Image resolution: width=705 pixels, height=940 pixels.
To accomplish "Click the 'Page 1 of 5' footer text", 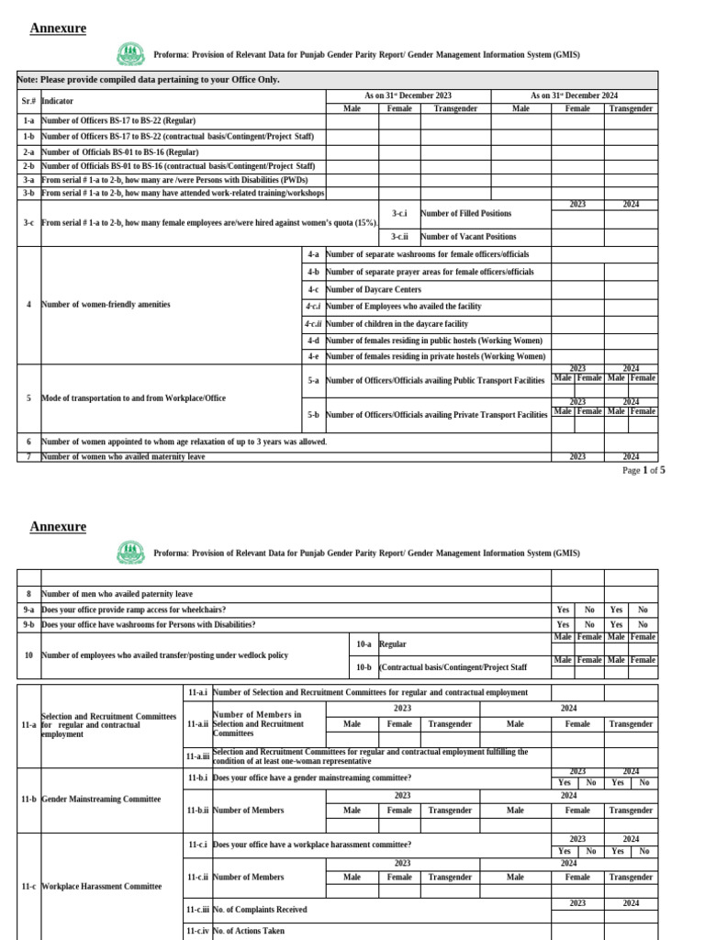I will point(643,470).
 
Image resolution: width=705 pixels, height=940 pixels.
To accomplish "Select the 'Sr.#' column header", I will point(28,101).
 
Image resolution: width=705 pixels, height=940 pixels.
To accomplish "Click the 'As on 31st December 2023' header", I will point(408,95).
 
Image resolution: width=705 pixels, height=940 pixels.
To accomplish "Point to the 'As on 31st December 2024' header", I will point(575,95).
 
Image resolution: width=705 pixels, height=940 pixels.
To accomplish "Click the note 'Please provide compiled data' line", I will point(149,80).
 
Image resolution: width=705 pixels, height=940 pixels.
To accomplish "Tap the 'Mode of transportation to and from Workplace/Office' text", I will point(133,398).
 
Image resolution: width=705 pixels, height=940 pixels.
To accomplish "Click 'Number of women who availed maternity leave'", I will point(123,456).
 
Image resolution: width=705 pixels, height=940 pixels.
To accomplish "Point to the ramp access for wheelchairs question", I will point(133,610).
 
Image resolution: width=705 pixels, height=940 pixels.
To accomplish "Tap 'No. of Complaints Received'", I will point(260,910).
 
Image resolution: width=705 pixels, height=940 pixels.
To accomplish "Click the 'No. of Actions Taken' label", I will point(248,931).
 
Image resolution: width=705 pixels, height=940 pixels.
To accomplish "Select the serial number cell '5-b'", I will point(313,415).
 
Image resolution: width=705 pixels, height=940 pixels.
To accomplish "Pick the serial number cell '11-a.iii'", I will point(198,756).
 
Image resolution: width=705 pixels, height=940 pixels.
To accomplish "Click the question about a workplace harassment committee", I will point(311,845).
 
